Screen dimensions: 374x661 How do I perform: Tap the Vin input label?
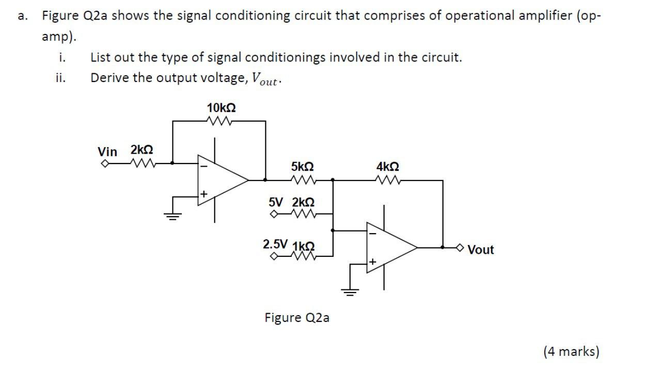107,152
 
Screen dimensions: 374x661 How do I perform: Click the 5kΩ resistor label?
302,167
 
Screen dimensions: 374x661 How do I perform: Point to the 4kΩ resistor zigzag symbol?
387,180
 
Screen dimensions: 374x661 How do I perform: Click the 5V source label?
276,201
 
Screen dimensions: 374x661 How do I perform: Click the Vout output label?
481,250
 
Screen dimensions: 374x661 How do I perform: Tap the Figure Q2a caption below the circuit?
297,318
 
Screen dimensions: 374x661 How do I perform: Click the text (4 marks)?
571,352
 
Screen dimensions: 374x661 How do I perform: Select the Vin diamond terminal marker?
104,165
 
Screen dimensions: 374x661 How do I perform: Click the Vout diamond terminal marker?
462,248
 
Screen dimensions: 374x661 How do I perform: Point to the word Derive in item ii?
106,78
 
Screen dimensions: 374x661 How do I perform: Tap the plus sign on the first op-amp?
204,194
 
